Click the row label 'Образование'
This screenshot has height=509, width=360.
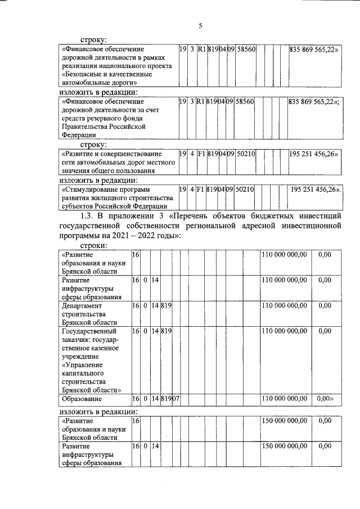pyautogui.click(x=82, y=399)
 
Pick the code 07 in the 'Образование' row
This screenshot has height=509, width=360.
pyautogui.click(x=175, y=399)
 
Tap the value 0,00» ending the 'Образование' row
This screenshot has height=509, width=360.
pyautogui.click(x=326, y=399)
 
